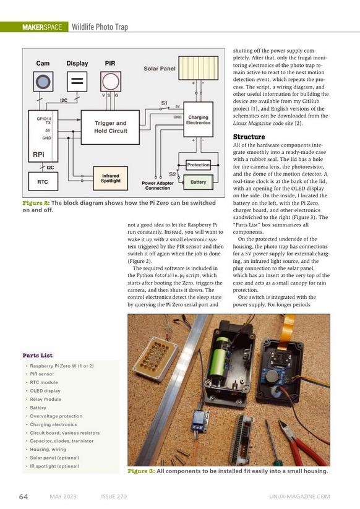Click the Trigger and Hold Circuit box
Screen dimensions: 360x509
click(x=110, y=127)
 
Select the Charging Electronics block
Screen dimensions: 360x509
click(x=199, y=119)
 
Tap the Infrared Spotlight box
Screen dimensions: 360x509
click(x=110, y=178)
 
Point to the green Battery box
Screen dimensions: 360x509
click(x=199, y=182)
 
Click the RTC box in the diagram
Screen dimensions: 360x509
click(x=43, y=181)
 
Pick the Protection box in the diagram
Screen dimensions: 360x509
click(x=199, y=165)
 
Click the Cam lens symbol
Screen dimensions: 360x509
click(x=43, y=82)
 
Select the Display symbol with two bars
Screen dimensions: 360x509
click(x=77, y=82)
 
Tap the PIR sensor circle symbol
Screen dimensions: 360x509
click(x=111, y=82)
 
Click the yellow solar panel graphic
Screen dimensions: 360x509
click(x=199, y=68)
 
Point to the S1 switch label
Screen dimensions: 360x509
click(x=165, y=103)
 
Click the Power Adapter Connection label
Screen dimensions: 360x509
click(x=158, y=186)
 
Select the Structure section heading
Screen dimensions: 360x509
click(x=249, y=137)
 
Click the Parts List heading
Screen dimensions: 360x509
click(x=37, y=355)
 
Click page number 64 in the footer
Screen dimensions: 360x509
click(x=24, y=497)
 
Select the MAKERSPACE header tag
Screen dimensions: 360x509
click(x=42, y=27)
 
